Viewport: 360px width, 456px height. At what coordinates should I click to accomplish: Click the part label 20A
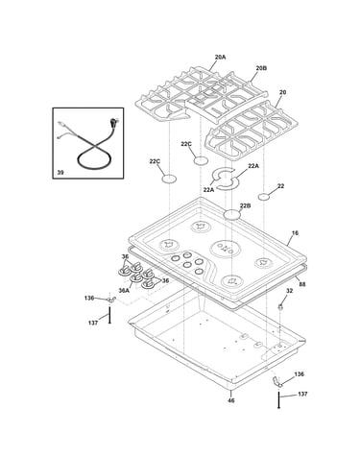pyautogui.click(x=220, y=58)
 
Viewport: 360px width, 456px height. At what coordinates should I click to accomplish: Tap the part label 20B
pyautogui.click(x=261, y=68)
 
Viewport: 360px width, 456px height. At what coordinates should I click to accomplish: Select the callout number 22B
pyautogui.click(x=245, y=205)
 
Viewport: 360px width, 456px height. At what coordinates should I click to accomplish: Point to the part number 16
pyautogui.click(x=295, y=233)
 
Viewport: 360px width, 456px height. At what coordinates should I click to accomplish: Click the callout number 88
pyautogui.click(x=302, y=284)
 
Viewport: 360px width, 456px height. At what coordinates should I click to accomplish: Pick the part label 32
pyautogui.click(x=289, y=291)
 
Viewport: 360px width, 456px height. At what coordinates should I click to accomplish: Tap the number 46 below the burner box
pyautogui.click(x=230, y=400)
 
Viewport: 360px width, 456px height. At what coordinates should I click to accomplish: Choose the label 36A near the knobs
pyautogui.click(x=124, y=290)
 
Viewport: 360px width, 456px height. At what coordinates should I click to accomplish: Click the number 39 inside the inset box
pyautogui.click(x=60, y=173)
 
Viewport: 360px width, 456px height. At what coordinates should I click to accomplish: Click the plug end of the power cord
pyautogui.click(x=113, y=123)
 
